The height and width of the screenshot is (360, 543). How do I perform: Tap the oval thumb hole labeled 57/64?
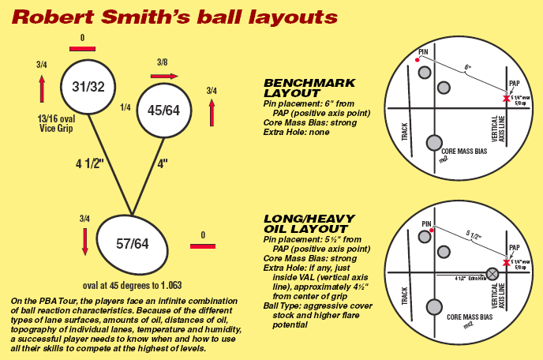[133, 244]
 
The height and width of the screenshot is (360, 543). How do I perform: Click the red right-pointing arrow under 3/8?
[163, 76]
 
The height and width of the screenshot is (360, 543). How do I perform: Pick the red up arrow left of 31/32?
[42, 89]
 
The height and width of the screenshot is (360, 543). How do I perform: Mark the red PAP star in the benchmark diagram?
[506, 97]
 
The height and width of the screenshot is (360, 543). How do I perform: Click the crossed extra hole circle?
[493, 273]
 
